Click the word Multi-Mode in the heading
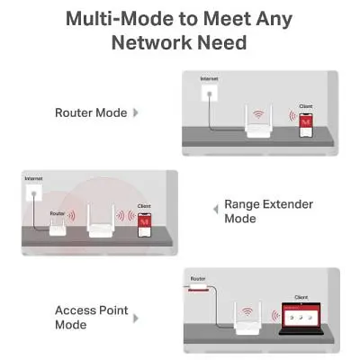[120, 19]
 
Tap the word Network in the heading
[149, 42]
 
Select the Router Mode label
[91, 112]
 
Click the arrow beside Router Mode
[136, 112]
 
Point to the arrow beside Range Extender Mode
[216, 209]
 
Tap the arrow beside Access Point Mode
[136, 319]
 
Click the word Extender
[287, 204]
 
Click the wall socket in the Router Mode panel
[210, 93]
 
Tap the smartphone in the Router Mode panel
[306, 125]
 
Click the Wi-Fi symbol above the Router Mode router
[258, 114]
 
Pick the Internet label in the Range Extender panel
[33, 178]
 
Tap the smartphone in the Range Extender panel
[144, 225]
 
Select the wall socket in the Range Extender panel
[34, 193]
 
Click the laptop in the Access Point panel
[301, 319]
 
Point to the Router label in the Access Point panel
[198, 279]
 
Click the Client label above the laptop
[301, 297]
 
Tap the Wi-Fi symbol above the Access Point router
[247, 311]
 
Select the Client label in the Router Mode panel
[306, 106]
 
